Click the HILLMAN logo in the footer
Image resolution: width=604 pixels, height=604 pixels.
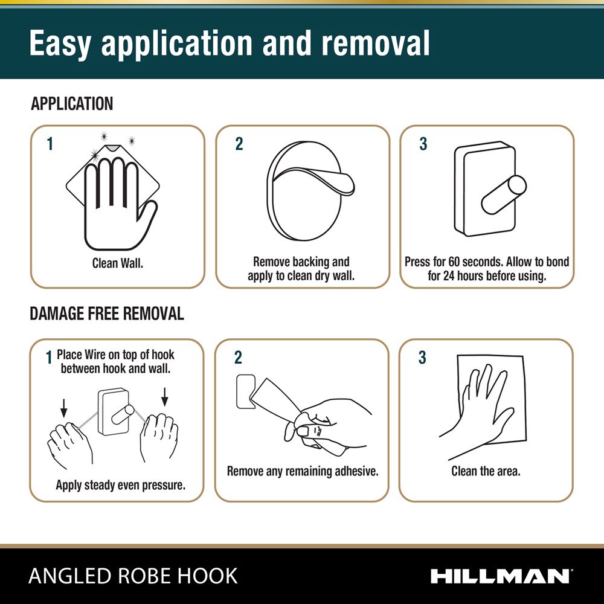click(x=501, y=576)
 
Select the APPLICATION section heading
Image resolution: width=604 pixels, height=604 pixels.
click(x=72, y=104)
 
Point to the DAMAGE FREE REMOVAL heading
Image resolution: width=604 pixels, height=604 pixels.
click(x=107, y=313)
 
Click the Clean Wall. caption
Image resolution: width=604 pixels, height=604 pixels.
click(x=118, y=263)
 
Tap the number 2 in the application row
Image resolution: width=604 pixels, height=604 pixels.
click(x=239, y=144)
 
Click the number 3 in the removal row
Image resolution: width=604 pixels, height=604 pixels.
click(x=423, y=358)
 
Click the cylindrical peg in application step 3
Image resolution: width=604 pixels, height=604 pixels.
click(x=504, y=194)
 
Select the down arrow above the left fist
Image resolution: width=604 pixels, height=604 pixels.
click(x=64, y=408)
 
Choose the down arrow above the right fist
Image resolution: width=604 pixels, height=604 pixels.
click(x=165, y=397)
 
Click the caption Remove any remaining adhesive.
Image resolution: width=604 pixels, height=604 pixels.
click(x=303, y=471)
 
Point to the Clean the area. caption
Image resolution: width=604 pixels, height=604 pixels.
click(x=486, y=471)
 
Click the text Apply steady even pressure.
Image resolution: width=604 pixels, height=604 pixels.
click(x=121, y=485)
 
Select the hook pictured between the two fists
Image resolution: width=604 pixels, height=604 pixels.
click(x=115, y=411)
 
